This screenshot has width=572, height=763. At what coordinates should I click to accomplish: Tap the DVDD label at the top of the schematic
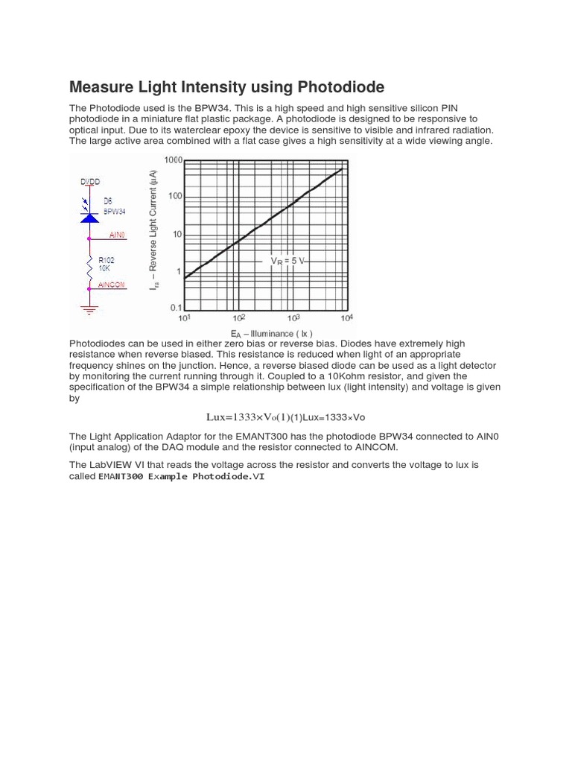point(89,182)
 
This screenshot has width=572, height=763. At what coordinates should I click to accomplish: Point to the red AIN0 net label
point(117,235)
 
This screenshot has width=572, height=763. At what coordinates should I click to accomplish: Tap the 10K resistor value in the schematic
point(105,268)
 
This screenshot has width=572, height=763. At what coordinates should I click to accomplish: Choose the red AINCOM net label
point(111,285)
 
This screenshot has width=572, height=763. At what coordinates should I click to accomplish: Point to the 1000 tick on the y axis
point(173,160)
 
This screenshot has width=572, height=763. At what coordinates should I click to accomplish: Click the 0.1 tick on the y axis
point(175,307)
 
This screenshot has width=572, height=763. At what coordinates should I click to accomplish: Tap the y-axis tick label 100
point(174,197)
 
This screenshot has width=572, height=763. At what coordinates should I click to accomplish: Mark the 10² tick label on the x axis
point(238,318)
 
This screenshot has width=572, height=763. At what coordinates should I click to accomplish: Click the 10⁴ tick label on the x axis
point(346,318)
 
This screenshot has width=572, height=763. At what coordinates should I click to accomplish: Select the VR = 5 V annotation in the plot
point(287,261)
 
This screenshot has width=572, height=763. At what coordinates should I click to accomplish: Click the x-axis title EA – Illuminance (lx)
point(272,333)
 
